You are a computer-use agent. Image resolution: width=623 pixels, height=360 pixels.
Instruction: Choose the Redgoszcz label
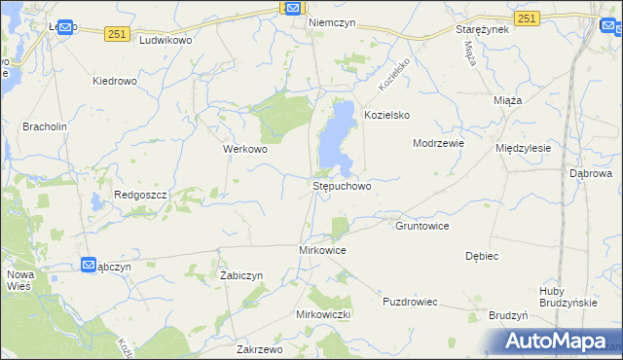(142, 195)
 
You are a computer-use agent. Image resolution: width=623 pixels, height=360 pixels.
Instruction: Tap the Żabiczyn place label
(241, 275)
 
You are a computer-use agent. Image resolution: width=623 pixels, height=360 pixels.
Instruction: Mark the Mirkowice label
(322, 250)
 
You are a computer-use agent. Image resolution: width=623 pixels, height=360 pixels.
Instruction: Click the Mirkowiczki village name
(322, 315)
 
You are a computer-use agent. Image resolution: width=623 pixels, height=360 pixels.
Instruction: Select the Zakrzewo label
(259, 348)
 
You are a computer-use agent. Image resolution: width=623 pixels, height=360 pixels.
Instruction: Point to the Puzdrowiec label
(413, 302)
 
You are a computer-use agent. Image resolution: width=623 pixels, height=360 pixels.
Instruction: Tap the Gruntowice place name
(421, 226)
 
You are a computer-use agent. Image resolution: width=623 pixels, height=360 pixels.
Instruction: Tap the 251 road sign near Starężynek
(527, 18)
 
